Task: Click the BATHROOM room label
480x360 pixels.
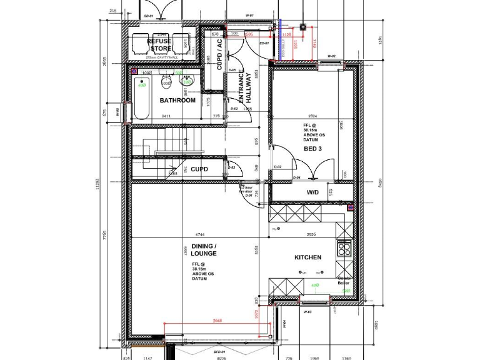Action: click(177, 100)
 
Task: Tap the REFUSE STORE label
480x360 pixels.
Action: click(159, 44)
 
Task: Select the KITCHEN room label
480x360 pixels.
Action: click(308, 257)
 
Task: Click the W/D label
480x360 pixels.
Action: click(312, 192)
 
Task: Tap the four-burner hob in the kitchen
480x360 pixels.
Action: click(344, 249)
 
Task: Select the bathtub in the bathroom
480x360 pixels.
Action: click(141, 100)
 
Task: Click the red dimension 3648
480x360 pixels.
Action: click(217, 321)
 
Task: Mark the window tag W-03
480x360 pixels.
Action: click(307, 311)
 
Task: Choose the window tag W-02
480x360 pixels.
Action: click(331, 56)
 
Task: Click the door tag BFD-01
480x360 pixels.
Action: click(219, 352)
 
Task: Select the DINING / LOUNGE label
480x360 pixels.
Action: click(204, 250)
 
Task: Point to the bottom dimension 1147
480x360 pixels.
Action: click(148, 358)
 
